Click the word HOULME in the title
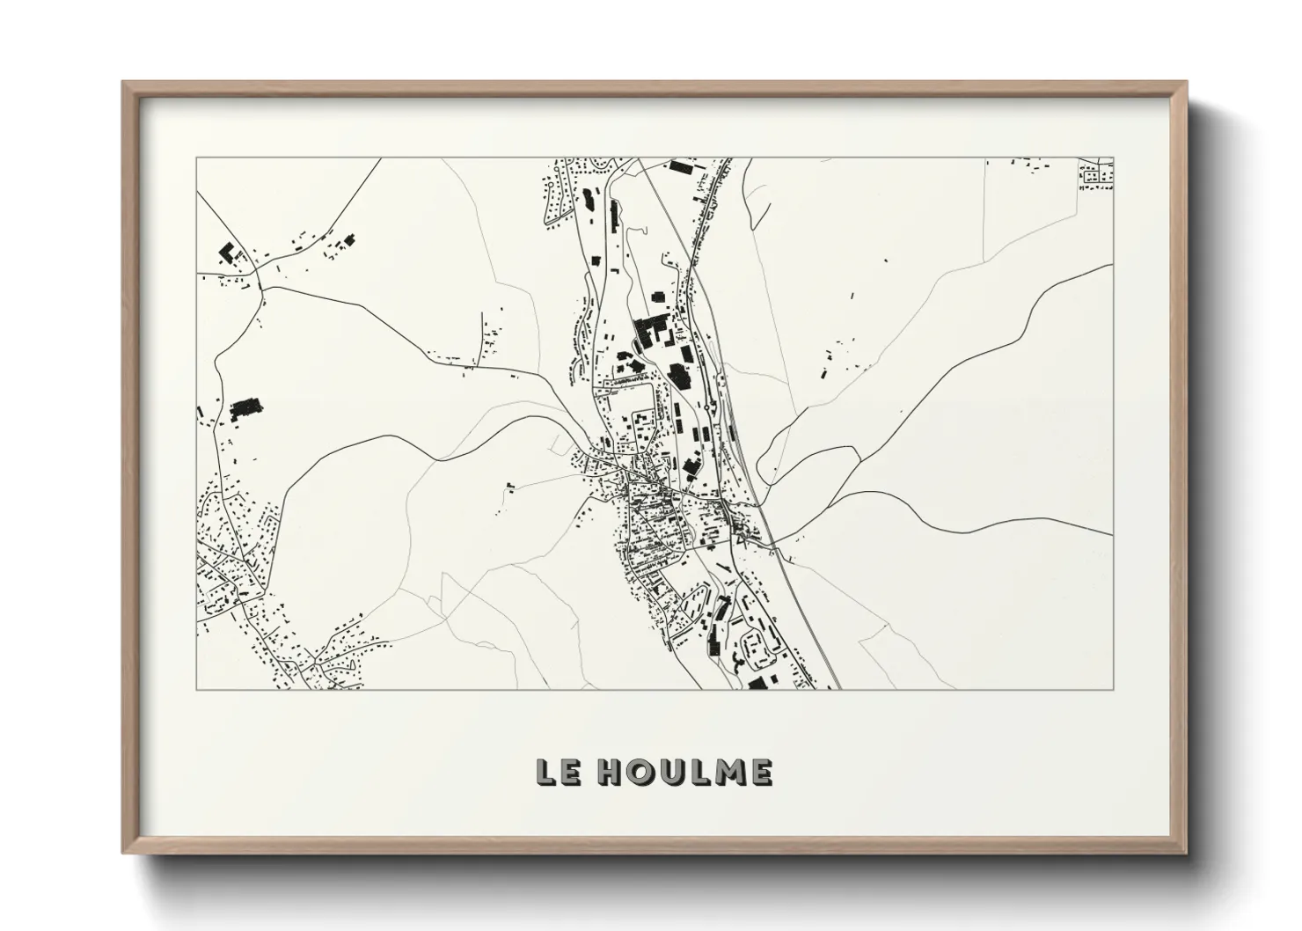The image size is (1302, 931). [684, 772]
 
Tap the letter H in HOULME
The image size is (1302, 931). [609, 772]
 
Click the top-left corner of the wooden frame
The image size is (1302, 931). [124, 83]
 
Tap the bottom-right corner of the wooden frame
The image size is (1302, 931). [1187, 853]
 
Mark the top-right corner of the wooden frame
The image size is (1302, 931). [1187, 83]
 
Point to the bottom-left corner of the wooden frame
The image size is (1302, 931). [124, 853]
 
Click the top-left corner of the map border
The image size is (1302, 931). [196, 158]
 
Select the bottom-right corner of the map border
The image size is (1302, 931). [1114, 689]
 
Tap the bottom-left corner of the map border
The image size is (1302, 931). [196, 689]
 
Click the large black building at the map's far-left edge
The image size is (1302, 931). [247, 408]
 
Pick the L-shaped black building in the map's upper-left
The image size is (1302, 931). [228, 253]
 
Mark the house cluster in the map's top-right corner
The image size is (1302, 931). [1096, 175]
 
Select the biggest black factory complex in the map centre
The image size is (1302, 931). [652, 332]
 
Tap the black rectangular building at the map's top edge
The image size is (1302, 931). [681, 165]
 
